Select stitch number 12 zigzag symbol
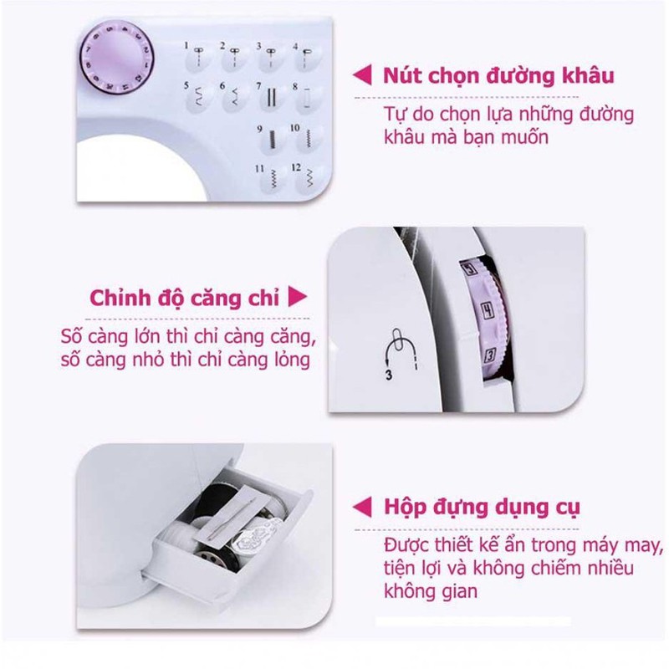(x=309, y=179)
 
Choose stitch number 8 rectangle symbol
(x=307, y=97)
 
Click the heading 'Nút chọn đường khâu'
(x=498, y=76)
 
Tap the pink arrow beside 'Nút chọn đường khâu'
(x=362, y=74)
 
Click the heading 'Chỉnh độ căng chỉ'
(x=184, y=298)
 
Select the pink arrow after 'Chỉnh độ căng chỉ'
(x=298, y=296)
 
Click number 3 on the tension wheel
(x=491, y=355)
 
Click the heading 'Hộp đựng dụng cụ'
(x=482, y=508)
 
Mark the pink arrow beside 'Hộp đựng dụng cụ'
(x=362, y=507)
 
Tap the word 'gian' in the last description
(x=458, y=592)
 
